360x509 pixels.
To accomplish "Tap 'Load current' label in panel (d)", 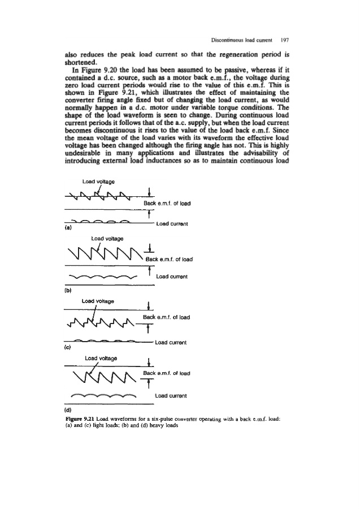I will coord(171,396).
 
